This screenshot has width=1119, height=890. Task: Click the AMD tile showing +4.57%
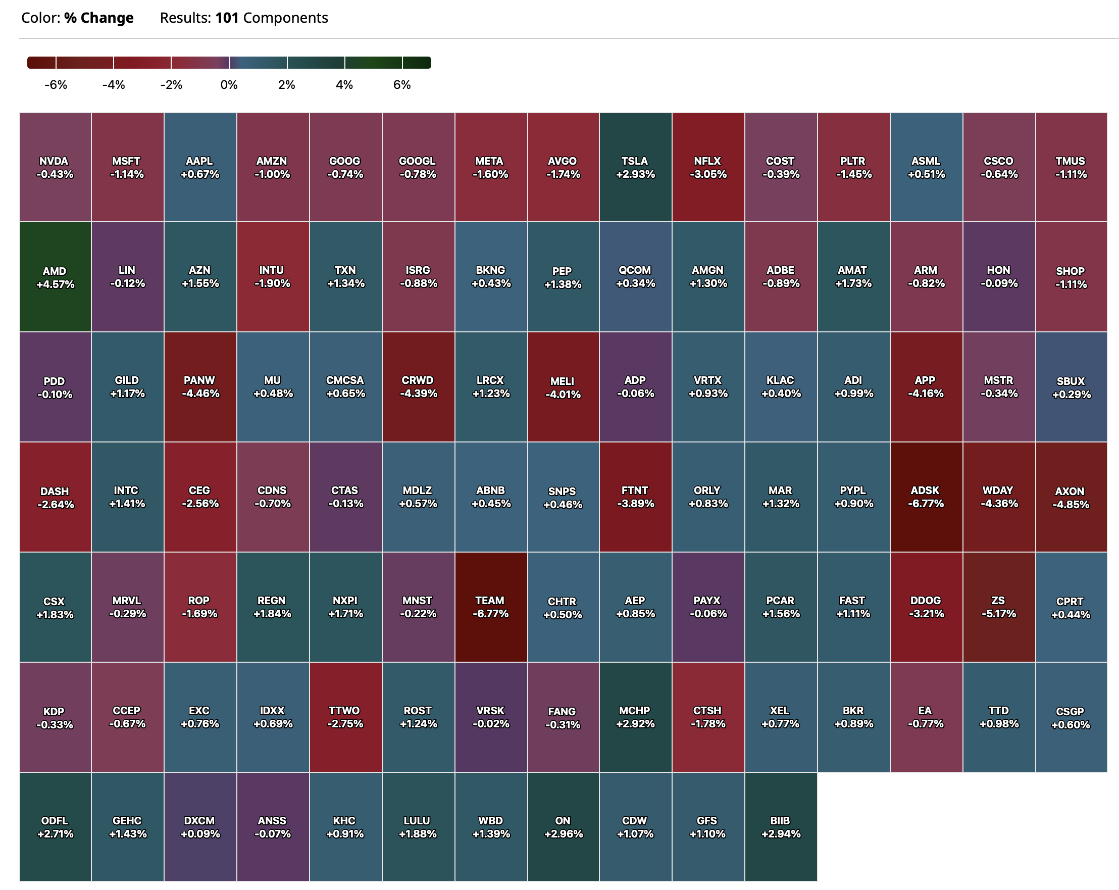[55, 277]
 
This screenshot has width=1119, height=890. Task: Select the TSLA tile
[635, 167]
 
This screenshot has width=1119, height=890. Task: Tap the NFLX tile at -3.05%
[708, 167]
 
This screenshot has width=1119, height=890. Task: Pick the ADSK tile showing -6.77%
[926, 497]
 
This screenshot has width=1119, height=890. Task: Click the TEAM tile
[490, 607]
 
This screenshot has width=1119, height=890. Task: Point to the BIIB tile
[781, 827]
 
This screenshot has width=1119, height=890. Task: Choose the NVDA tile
[55, 167]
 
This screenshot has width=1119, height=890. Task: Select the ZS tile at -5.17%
[999, 607]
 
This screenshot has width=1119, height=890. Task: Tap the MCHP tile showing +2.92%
[635, 717]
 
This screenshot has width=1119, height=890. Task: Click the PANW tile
[200, 386]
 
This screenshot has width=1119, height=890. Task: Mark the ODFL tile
[55, 827]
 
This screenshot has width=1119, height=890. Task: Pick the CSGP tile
[1071, 717]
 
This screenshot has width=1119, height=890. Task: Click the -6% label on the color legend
[56, 85]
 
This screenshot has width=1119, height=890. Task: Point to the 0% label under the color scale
[229, 85]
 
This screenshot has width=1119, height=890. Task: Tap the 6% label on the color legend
[402, 85]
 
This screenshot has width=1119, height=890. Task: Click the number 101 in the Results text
[227, 18]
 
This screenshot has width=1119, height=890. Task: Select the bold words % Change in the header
[98, 18]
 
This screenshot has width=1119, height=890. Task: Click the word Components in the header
[285, 18]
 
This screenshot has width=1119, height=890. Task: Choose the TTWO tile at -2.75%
[345, 717]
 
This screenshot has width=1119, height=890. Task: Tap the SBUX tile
[1071, 386]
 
